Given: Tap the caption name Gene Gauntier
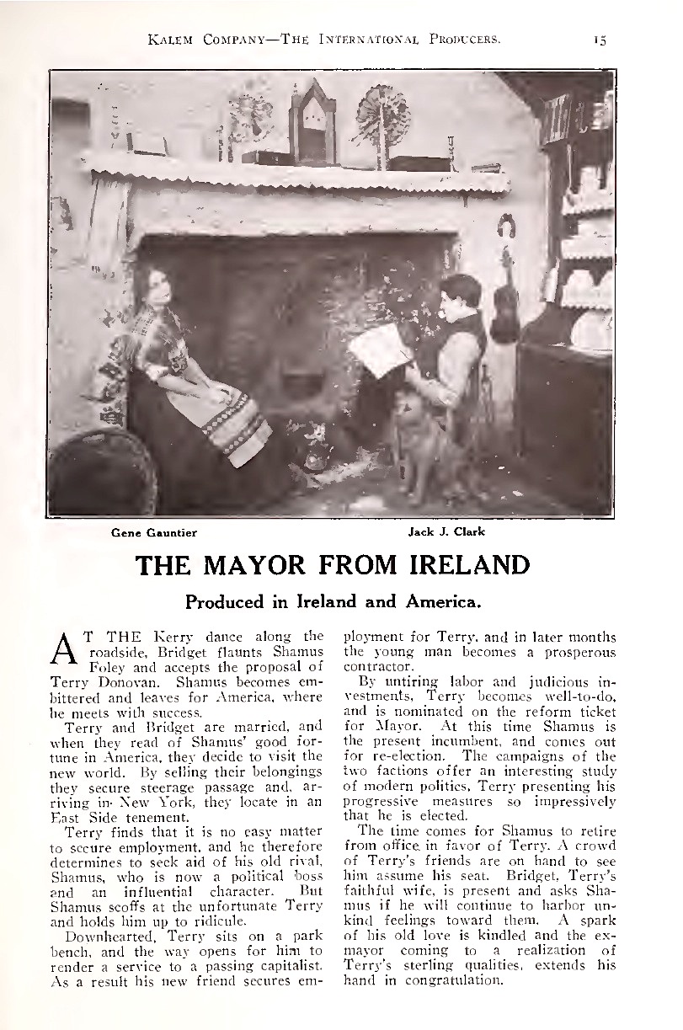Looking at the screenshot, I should [154, 532].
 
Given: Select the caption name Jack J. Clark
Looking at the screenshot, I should [446, 531].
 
